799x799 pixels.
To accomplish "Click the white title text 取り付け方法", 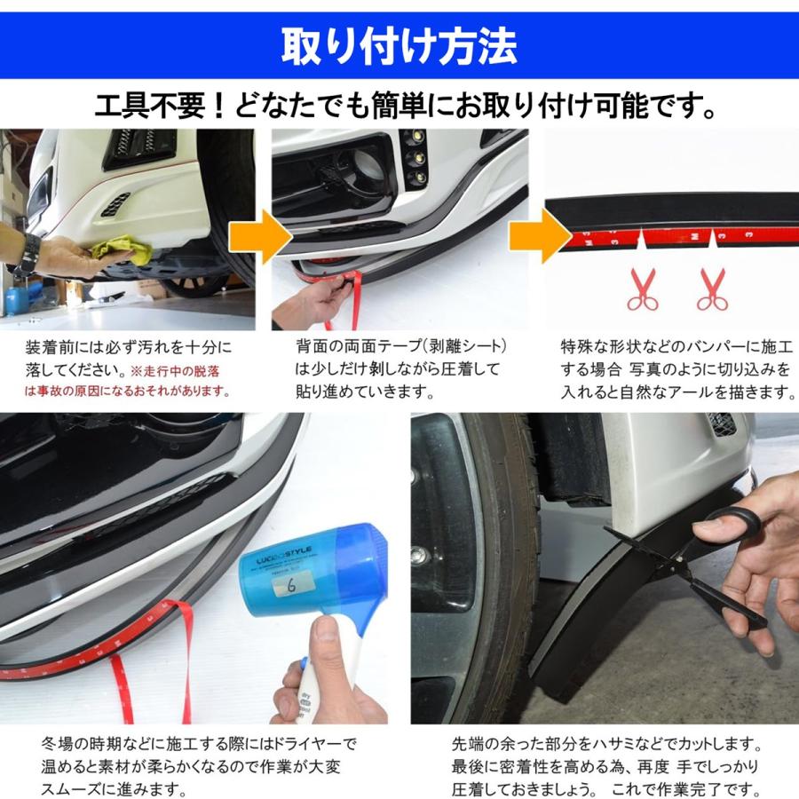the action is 399,46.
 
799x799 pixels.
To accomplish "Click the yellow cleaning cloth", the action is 123,249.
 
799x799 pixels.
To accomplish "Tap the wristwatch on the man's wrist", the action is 29,256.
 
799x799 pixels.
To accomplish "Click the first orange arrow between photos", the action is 260,237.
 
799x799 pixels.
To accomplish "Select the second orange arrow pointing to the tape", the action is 540,236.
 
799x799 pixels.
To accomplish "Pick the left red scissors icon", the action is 643,289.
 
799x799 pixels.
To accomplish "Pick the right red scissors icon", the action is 712,289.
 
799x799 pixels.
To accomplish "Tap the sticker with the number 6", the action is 289,585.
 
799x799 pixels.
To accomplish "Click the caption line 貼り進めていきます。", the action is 366,392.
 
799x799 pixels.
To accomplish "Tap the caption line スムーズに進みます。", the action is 113,789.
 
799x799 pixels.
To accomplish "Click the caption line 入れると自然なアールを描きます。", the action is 678,392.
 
